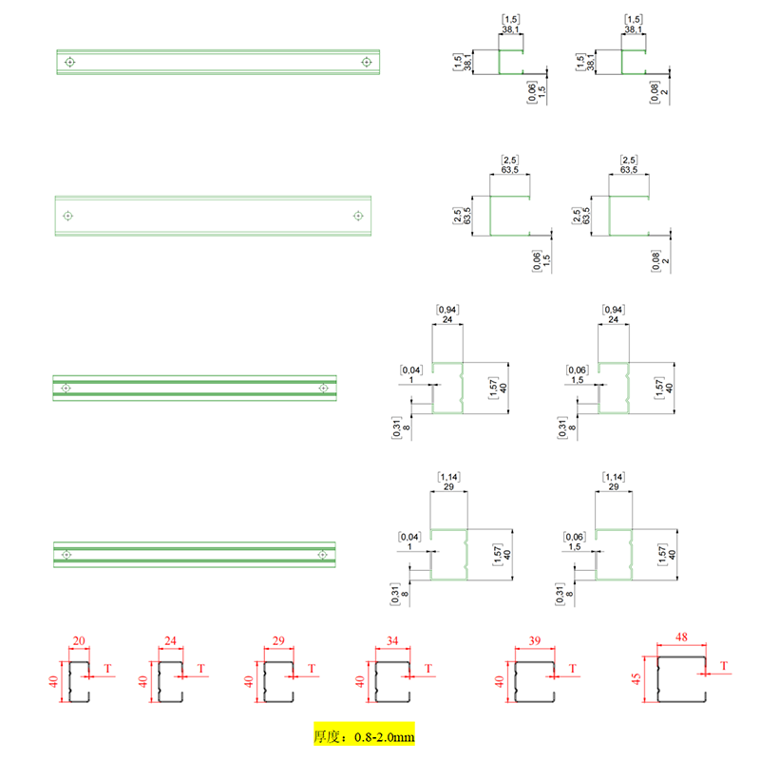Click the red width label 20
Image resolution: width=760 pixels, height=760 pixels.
79,640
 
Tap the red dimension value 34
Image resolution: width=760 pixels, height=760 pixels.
392,640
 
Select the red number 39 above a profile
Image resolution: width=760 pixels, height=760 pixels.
535,640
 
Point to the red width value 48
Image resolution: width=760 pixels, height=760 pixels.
681,636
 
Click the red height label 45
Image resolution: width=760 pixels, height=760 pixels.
636,678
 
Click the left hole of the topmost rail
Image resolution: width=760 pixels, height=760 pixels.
69,62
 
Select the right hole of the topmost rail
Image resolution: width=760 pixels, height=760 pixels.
367,62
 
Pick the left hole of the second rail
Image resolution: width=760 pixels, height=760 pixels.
67,216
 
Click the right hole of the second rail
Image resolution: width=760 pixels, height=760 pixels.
358,216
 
